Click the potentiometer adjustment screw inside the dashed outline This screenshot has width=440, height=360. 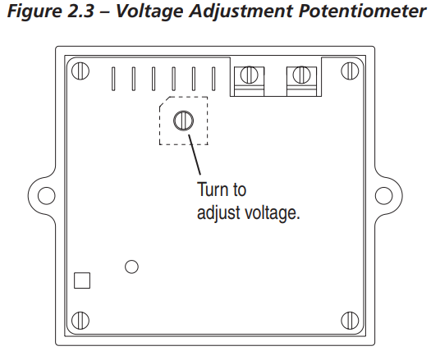(x=184, y=121)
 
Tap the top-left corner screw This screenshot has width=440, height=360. (x=80, y=71)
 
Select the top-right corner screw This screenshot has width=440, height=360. (x=350, y=71)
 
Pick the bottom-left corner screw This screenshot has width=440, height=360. (x=80, y=320)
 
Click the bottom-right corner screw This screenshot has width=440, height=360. (x=350, y=320)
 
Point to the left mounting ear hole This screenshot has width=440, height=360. (x=47, y=195)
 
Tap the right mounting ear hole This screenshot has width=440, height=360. (x=383, y=195)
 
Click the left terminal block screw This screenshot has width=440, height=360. (x=250, y=75)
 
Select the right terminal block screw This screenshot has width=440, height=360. (x=301, y=75)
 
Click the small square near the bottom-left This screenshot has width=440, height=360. (x=82, y=280)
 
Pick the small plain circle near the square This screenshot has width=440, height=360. (x=131, y=267)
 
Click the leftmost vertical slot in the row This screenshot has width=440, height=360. (x=113, y=79)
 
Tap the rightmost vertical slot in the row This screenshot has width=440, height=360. (x=213, y=79)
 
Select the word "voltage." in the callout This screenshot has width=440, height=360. (x=273, y=213)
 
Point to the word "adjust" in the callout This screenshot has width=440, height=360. (x=218, y=213)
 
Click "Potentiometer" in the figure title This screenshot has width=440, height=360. (x=362, y=11)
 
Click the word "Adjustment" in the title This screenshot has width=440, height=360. (x=241, y=11)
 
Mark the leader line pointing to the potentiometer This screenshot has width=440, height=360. (x=195, y=155)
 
